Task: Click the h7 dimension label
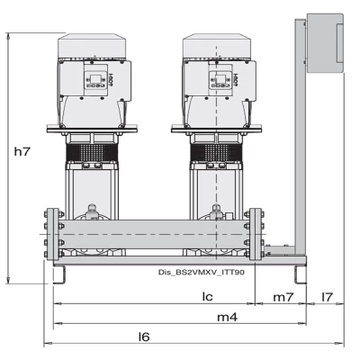click(x=22, y=154)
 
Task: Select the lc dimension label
click(x=205, y=296)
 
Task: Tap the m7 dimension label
click(x=283, y=296)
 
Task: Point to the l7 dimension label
click(x=328, y=296)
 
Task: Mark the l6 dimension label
click(x=143, y=337)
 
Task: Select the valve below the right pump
click(x=214, y=214)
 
